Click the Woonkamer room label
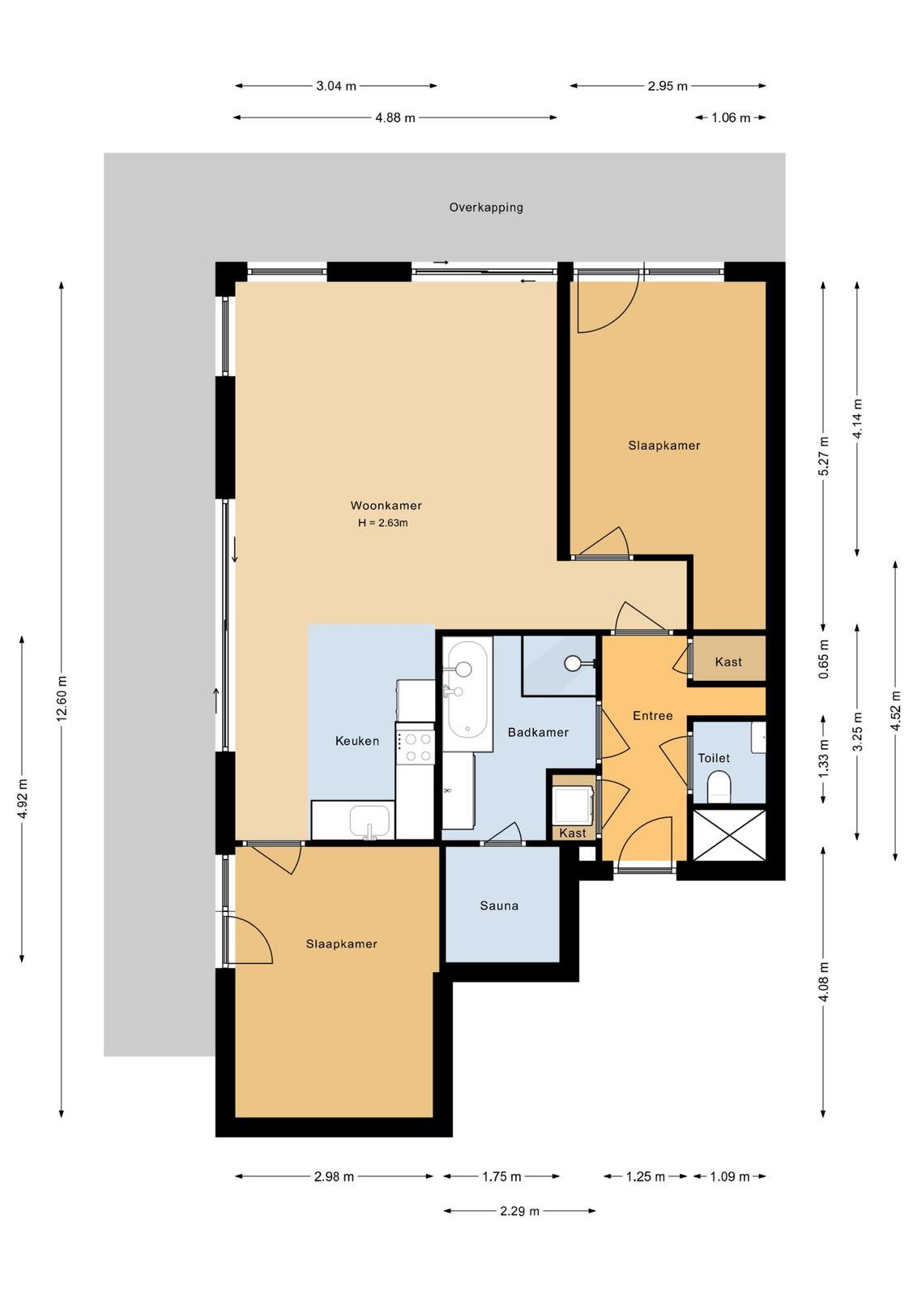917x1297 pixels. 386,505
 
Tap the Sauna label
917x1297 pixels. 499,905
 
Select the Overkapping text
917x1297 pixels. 486,208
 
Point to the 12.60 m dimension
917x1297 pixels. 62,697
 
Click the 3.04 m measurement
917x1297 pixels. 336,86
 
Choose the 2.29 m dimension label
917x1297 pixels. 519,1211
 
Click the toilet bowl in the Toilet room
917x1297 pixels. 719,785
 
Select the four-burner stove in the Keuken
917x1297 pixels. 415,747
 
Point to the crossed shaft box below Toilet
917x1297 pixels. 729,835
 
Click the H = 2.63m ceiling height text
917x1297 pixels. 382,523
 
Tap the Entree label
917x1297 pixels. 653,716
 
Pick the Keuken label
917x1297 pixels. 357,741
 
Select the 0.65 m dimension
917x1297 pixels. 823,660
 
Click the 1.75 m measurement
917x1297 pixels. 501,1176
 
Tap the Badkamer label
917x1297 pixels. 538,732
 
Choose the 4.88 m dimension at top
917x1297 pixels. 395,118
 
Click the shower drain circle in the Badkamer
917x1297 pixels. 574,662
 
